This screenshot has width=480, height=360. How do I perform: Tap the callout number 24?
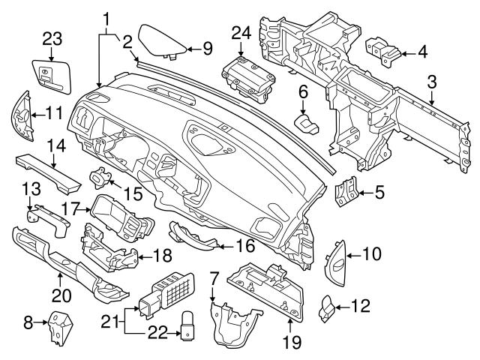click(241, 32)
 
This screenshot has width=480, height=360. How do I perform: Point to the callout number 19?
click(291, 343)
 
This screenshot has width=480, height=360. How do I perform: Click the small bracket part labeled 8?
click(61, 327)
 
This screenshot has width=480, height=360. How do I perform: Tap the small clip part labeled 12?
click(327, 306)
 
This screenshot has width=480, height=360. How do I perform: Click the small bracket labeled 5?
click(346, 192)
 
